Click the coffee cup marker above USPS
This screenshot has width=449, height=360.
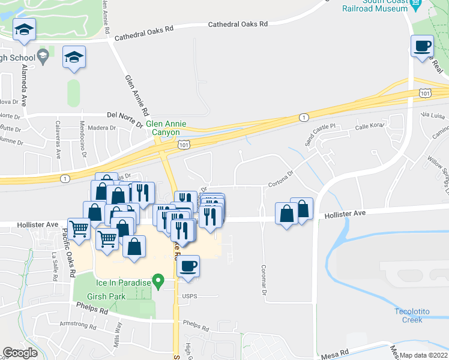[188, 266]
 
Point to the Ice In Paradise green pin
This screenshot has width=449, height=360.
[158, 280]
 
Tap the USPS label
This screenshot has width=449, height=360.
[189, 295]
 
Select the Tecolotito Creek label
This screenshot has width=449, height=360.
[417, 315]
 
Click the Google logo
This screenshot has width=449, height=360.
[20, 353]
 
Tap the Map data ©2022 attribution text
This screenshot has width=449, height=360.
[424, 355]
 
